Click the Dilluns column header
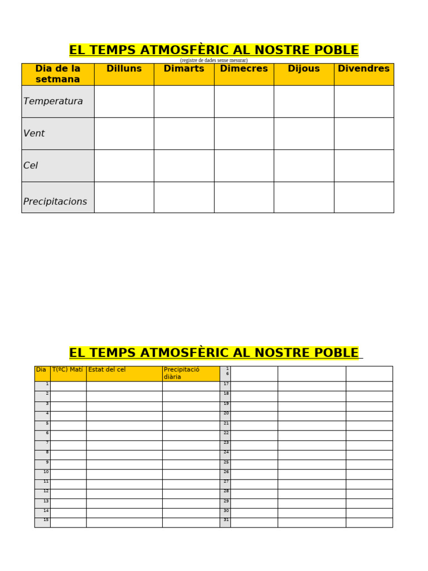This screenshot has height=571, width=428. tap(124, 69)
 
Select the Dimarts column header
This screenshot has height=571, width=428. tap(184, 69)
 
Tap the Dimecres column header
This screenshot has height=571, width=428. tap(244, 69)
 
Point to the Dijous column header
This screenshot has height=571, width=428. tap(304, 69)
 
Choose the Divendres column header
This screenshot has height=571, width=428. tap(364, 69)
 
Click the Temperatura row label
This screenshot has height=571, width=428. tap(53, 101)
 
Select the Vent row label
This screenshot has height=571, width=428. tap(34, 134)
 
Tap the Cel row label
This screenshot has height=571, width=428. tap(31, 166)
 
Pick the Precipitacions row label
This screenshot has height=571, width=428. tap(55, 201)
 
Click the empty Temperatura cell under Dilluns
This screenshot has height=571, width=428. tap(124, 101)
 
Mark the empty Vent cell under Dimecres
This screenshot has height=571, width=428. tap(244, 134)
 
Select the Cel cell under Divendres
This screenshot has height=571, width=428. tap(364, 166)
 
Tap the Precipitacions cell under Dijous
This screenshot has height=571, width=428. tap(304, 197)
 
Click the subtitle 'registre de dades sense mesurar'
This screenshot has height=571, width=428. tap(213, 60)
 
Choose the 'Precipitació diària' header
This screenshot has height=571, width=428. tap(182, 373)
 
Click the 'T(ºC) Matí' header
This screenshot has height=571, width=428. tap(67, 370)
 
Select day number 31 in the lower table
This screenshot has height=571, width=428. tap(226, 520)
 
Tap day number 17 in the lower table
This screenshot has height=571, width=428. tap(226, 384)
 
